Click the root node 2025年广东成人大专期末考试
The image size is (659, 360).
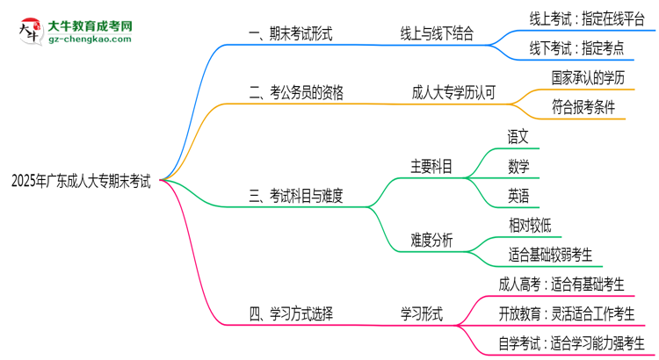[x=80, y=182]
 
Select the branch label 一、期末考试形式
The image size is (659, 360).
[x=291, y=34]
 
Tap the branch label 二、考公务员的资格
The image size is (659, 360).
[x=296, y=92]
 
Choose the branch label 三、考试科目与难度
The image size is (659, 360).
[x=296, y=196]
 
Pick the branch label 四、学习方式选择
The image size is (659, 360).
[x=291, y=313]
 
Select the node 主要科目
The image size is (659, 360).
[x=431, y=166]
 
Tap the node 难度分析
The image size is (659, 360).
[x=431, y=240]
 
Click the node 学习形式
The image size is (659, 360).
[x=422, y=313]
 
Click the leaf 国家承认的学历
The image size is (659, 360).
[x=588, y=77]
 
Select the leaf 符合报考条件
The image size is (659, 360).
[x=583, y=107]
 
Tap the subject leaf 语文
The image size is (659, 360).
[x=518, y=137]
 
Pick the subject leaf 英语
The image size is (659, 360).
[x=518, y=195]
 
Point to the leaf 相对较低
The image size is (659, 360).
[x=530, y=225]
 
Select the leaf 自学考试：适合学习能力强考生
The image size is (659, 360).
[x=571, y=342]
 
